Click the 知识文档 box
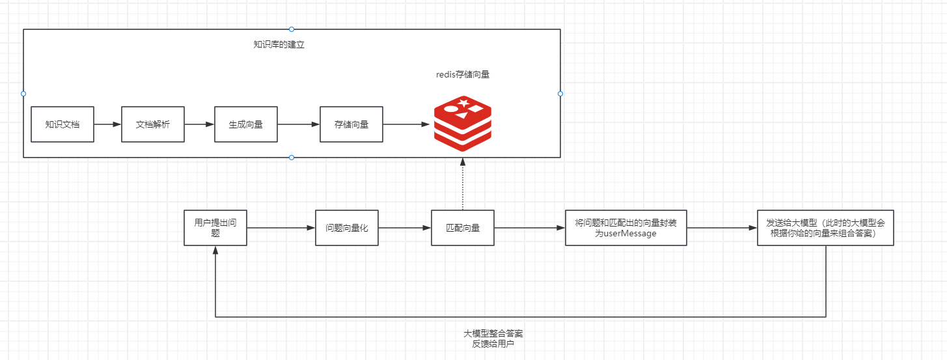click(x=62, y=124)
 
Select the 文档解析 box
click(x=153, y=124)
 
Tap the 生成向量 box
click(x=246, y=124)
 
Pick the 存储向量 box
click(x=351, y=124)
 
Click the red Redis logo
click(x=463, y=123)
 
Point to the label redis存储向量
click(x=463, y=75)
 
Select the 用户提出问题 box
click(x=215, y=227)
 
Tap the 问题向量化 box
click(x=347, y=228)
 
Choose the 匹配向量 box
click(x=463, y=228)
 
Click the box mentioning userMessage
click(x=625, y=228)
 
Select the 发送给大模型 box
click(x=825, y=228)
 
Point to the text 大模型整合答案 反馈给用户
click(x=493, y=339)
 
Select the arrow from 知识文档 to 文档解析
click(x=107, y=124)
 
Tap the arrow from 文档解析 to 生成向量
click(x=200, y=124)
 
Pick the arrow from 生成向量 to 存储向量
click(x=299, y=124)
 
